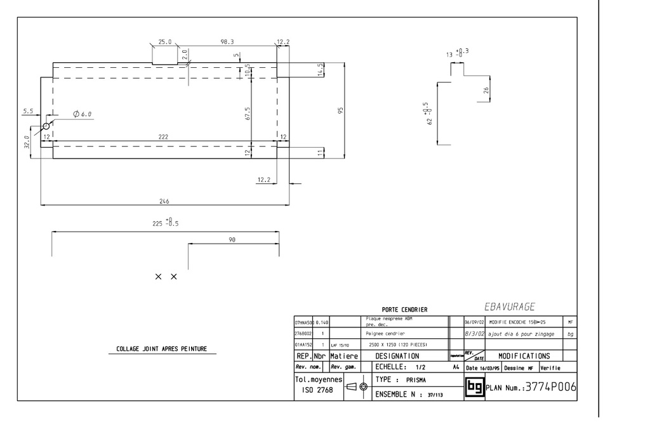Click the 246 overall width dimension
tap(164, 200)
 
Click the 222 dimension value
tap(164, 136)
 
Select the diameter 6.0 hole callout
tap(83, 114)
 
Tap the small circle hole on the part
tap(46, 127)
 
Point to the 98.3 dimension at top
tap(227, 42)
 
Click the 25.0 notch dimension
tap(164, 42)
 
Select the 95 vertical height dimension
tap(341, 110)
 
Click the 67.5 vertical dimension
tap(248, 113)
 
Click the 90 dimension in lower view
tap(232, 240)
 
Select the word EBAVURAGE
tap(510, 307)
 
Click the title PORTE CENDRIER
tap(404, 310)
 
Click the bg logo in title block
tap(474, 386)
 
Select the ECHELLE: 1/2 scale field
tap(401, 367)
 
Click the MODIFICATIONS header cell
tap(524, 356)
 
